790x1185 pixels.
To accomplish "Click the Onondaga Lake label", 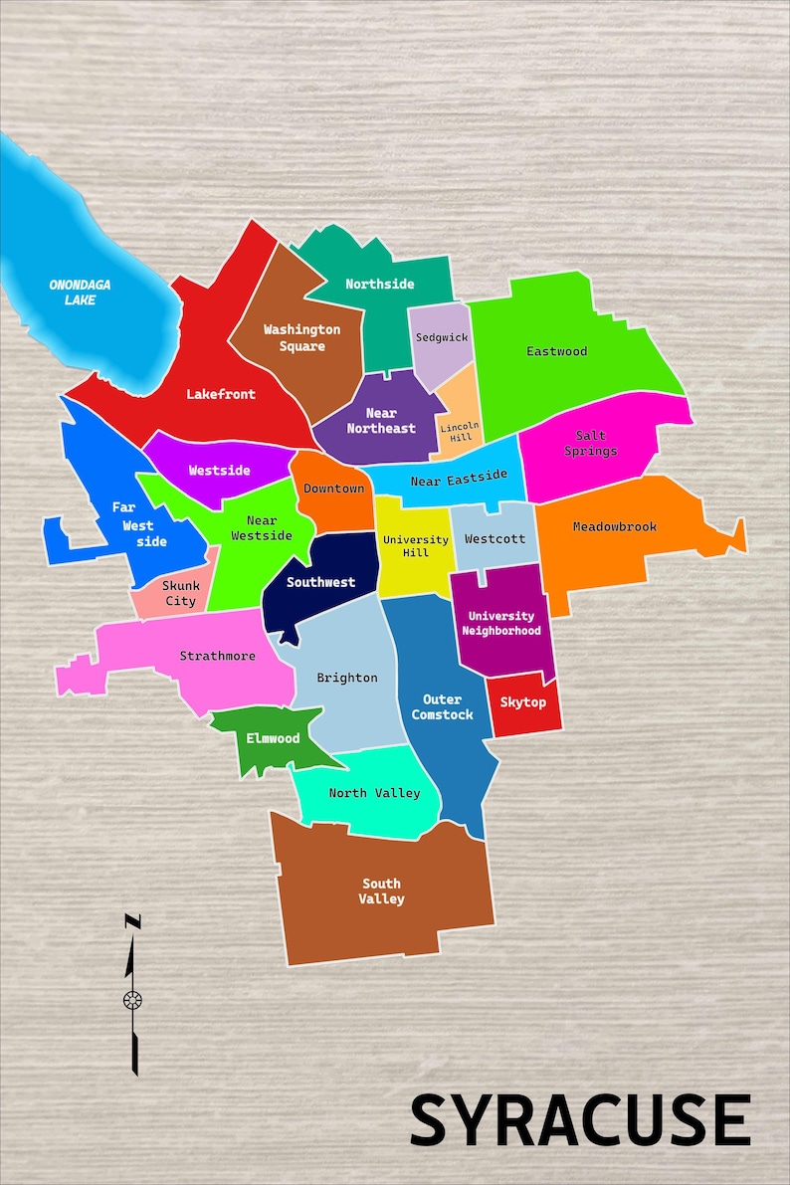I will (x=80, y=292).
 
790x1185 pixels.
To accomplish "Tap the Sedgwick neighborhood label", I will (x=441, y=337).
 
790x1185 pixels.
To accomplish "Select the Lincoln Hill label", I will (x=459, y=431).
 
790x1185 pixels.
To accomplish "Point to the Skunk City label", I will (x=180, y=593).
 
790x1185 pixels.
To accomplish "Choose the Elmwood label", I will (x=273, y=738).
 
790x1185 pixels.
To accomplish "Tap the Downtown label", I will (x=333, y=489).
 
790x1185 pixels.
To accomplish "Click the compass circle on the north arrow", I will (x=132, y=999).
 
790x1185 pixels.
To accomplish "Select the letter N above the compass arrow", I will (x=132, y=922).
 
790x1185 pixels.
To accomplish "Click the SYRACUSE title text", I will (x=580, y=1120).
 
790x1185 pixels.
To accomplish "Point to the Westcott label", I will (x=494, y=539).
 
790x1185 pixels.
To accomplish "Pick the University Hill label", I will (x=415, y=545).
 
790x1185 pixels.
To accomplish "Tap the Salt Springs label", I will (x=590, y=443).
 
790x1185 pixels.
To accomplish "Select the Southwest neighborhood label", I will (x=320, y=582).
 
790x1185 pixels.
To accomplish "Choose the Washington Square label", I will (x=301, y=337).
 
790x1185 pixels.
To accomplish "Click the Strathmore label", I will (x=217, y=656).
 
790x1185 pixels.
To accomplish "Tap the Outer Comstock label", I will (x=442, y=706).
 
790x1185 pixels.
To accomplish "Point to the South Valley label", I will (x=381, y=890).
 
